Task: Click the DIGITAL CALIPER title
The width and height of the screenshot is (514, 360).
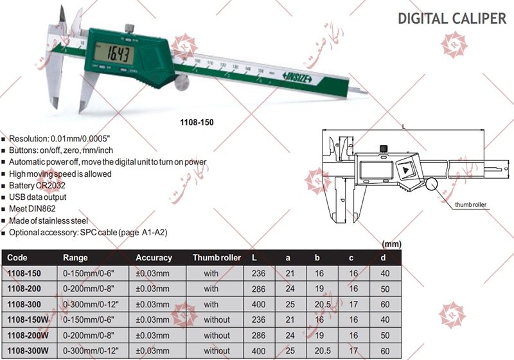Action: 452,18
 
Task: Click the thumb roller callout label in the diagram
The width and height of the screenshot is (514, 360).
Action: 471,204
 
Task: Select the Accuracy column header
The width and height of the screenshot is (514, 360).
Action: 154,258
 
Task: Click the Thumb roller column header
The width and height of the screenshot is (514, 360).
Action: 217,258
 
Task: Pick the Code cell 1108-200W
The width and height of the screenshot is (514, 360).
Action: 28,335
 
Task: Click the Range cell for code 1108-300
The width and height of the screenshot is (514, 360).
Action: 91,304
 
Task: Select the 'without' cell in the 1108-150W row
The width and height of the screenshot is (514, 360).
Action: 217,319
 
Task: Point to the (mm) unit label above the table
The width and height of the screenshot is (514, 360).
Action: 392,244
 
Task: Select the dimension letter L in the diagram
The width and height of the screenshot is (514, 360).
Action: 402,127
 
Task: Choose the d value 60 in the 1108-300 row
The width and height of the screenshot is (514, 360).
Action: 384,304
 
